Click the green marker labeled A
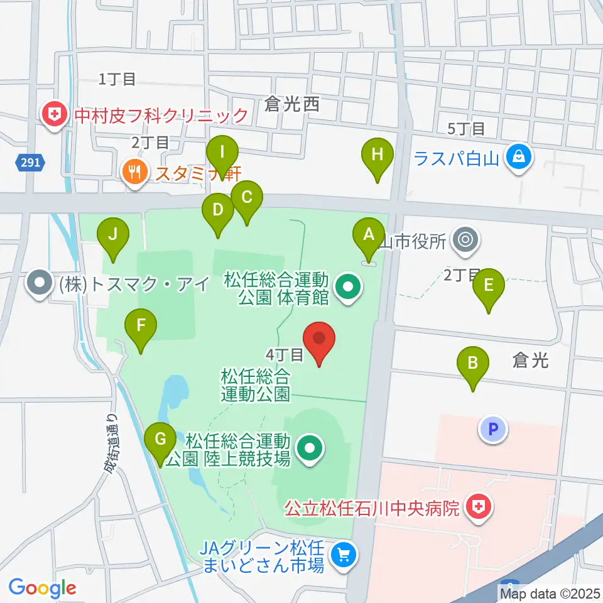click(x=369, y=237)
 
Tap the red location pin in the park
click(x=319, y=340)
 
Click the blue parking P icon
click(x=493, y=430)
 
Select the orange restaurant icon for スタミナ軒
click(x=134, y=170)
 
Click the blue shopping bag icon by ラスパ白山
click(x=519, y=156)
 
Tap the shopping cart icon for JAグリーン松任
click(x=344, y=555)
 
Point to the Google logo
click(x=42, y=588)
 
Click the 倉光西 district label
click(x=292, y=104)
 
